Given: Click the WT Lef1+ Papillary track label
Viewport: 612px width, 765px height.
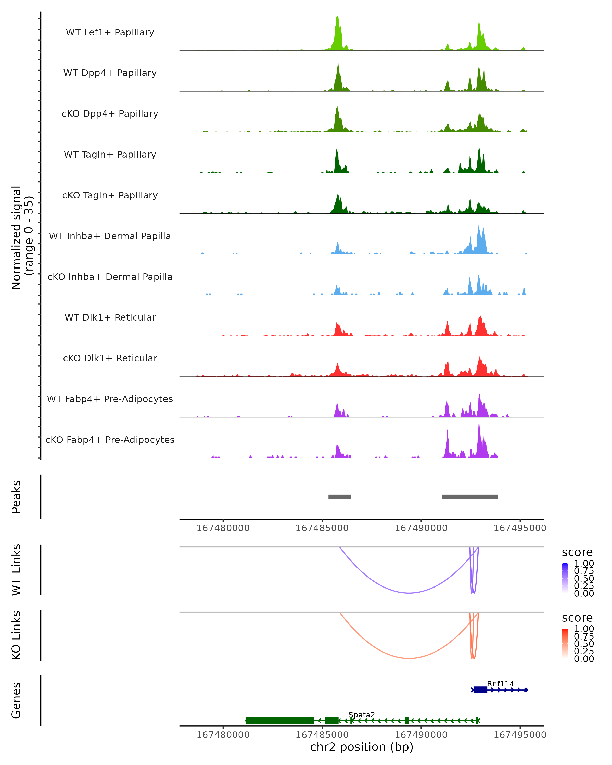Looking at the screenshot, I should [110, 32].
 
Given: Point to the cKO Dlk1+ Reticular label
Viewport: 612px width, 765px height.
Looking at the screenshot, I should [110, 358].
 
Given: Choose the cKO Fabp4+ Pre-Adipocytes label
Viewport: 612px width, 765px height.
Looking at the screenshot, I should [110, 440].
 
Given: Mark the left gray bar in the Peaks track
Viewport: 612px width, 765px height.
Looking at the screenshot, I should [339, 497].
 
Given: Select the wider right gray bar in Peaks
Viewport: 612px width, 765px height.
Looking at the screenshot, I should [470, 497].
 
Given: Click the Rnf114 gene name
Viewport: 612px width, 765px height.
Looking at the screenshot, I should [500, 684].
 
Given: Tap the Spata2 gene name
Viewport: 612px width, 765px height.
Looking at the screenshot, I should [362, 715].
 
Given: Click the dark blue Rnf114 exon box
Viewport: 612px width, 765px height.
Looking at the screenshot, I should [480, 690].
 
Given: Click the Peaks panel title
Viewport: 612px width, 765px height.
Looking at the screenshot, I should [16, 497].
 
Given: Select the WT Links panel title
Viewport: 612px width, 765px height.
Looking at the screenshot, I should [16, 570].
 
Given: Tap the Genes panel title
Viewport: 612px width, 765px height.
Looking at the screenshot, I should [16, 700].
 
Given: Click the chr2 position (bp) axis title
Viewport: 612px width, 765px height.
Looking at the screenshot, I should [362, 747].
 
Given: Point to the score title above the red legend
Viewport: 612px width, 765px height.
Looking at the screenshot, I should [577, 618].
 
